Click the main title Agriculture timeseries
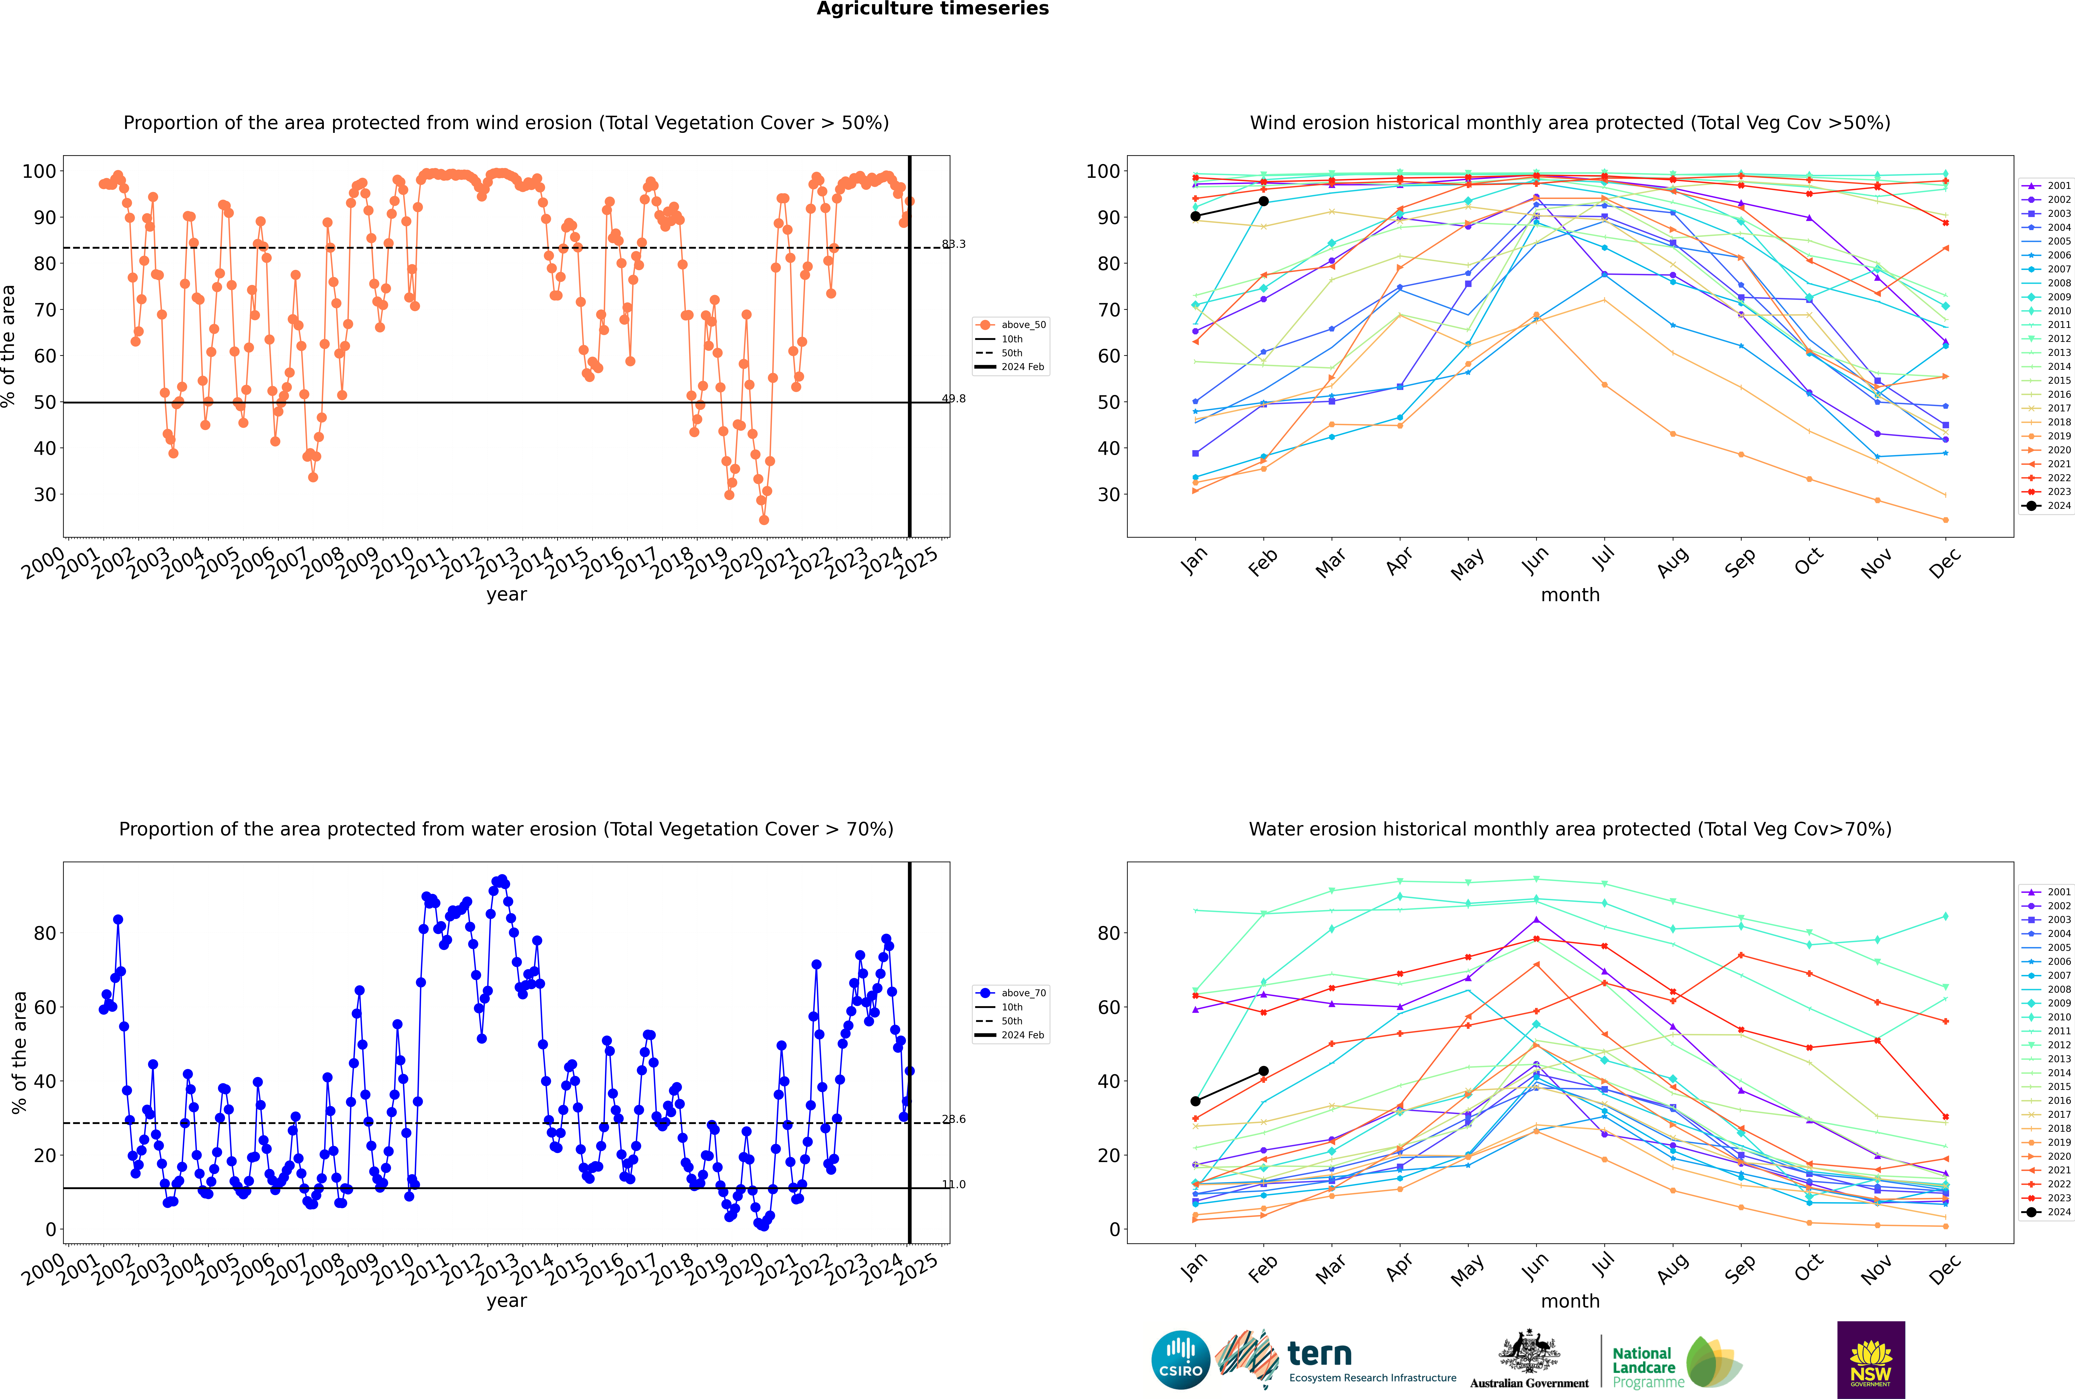[x=932, y=9]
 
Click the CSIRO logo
[x=1180, y=1360]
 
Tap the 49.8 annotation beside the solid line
[x=954, y=399]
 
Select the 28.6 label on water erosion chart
[x=954, y=1119]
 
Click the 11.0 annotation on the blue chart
[x=954, y=1185]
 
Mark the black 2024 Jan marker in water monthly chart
[x=1195, y=1101]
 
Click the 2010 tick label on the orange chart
[x=393, y=564]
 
